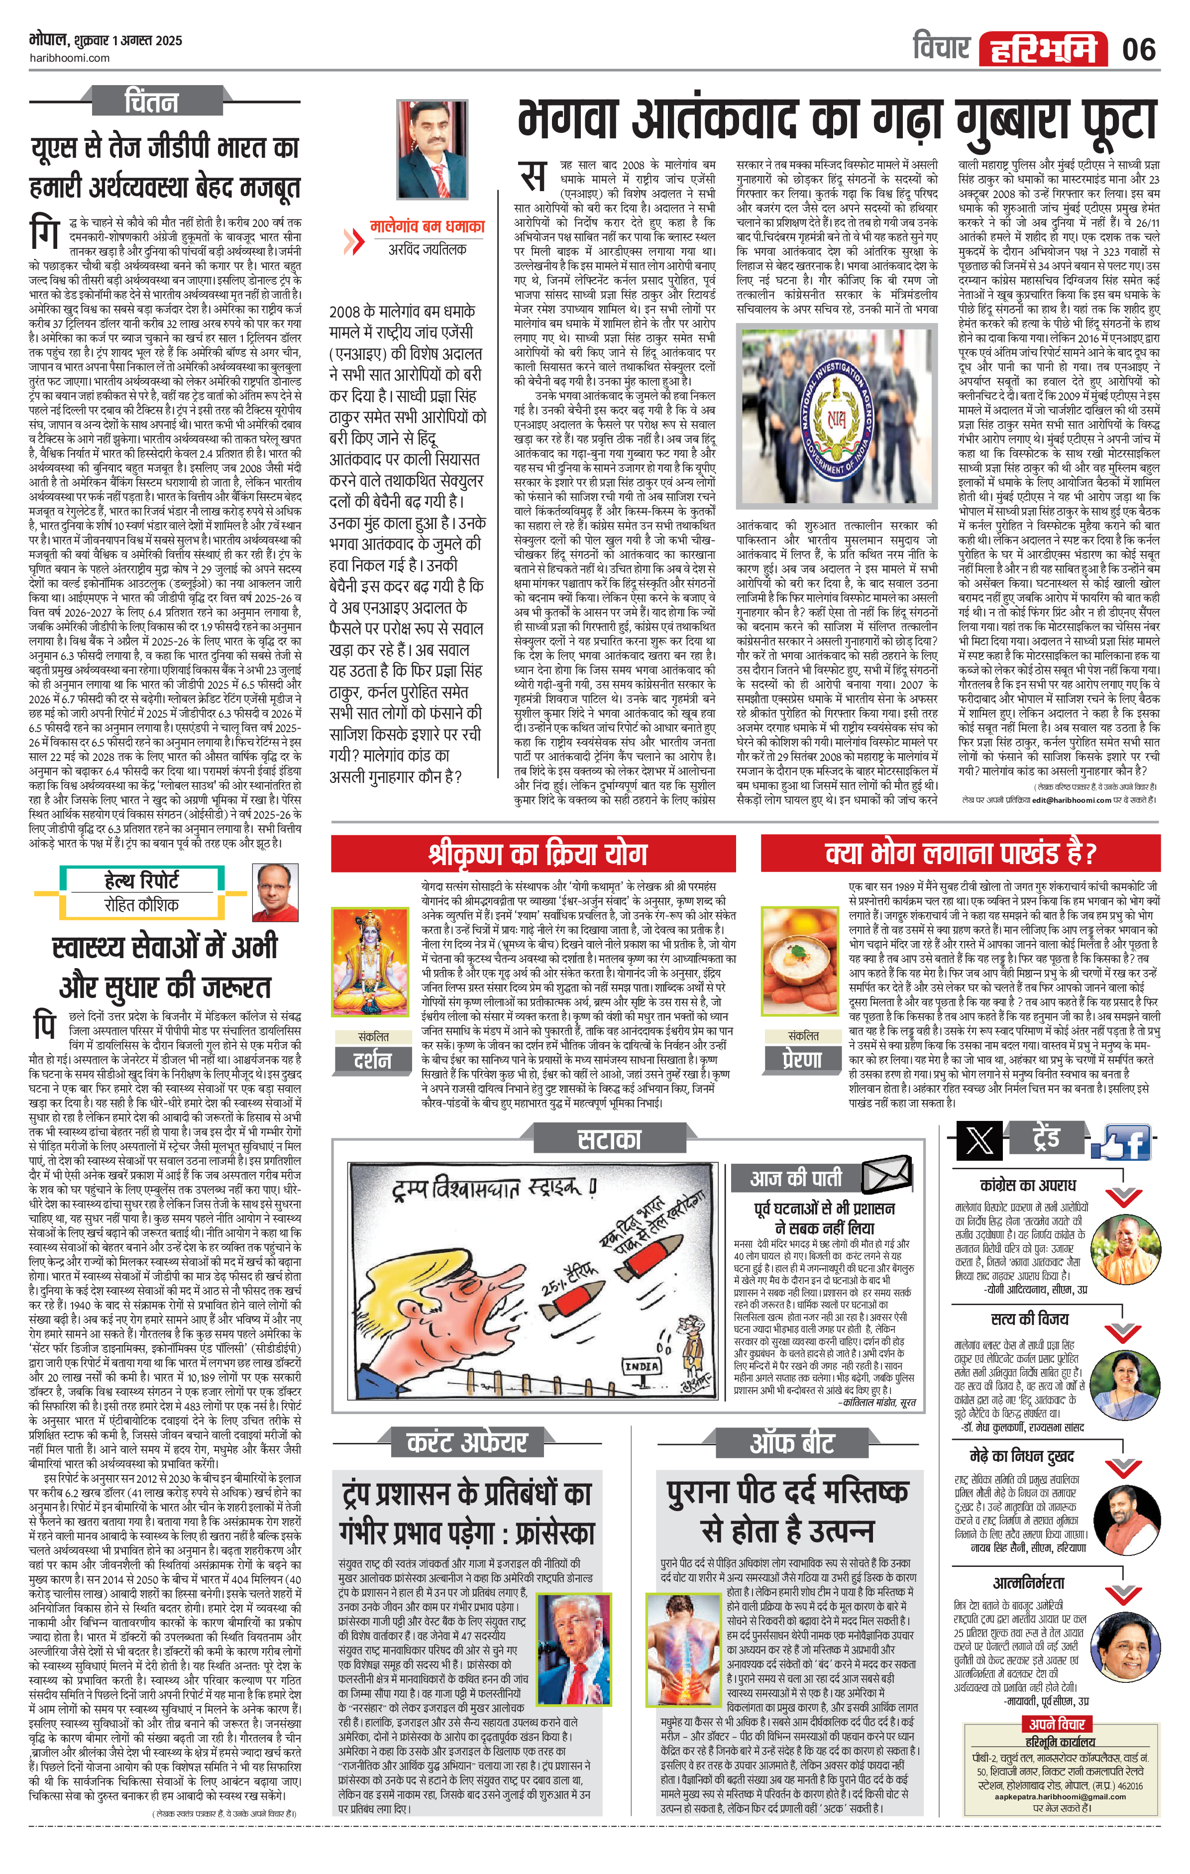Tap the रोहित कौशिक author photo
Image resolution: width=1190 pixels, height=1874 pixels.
coord(276,892)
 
